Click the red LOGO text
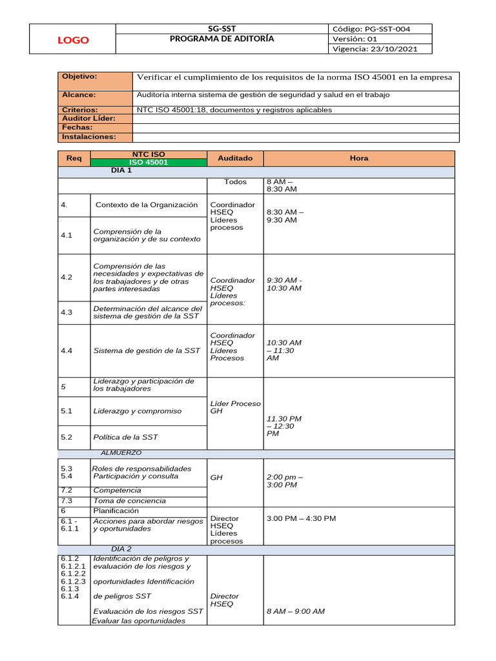pyautogui.click(x=74, y=40)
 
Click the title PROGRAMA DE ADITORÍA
pyautogui.click(x=222, y=39)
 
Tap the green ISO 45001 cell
pyautogui.click(x=149, y=163)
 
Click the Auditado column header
pyautogui.click(x=235, y=158)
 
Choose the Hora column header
pyautogui.click(x=358, y=158)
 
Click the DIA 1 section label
pyautogui.click(x=121, y=171)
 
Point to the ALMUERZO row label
pyautogui.click(x=121, y=453)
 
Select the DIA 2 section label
pyautogui.click(x=121, y=549)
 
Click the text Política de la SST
pyautogui.click(x=125, y=437)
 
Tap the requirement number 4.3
pyautogui.click(x=66, y=312)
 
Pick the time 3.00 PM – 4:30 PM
pyautogui.click(x=301, y=518)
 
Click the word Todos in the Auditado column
pyautogui.click(x=235, y=182)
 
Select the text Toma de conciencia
pyautogui.click(x=129, y=500)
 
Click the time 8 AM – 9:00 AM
pyautogui.click(x=295, y=611)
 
